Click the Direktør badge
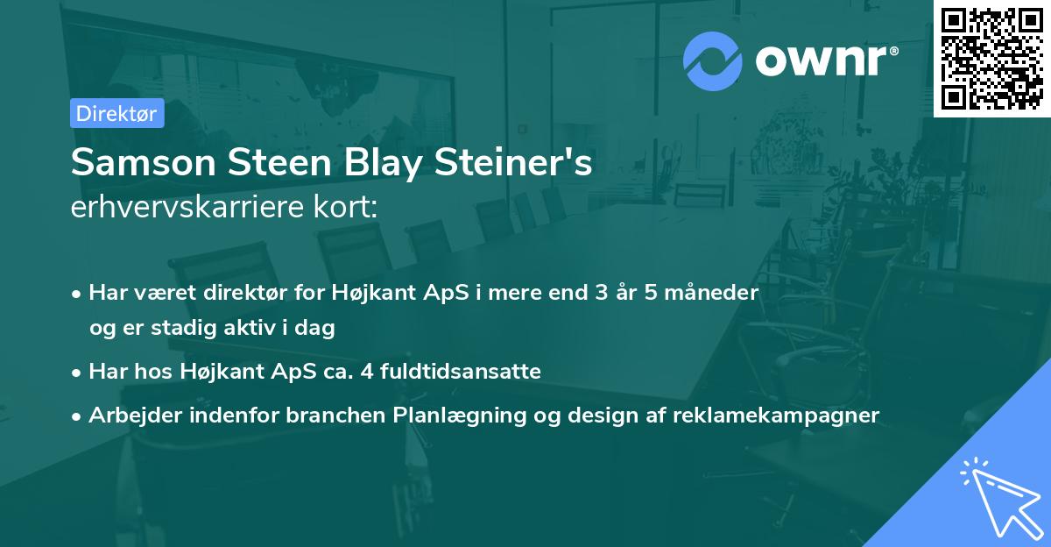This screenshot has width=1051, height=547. coord(117,113)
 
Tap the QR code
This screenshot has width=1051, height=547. coord(992,59)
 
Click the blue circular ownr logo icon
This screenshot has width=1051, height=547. coord(712,61)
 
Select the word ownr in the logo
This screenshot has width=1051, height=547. coord(822,61)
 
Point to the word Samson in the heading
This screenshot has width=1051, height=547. coord(144,162)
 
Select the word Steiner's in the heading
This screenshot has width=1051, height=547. coord(513,162)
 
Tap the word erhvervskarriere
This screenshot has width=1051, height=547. coord(187,207)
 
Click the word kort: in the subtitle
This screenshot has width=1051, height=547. coord(345,207)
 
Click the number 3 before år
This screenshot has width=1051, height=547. coord(602,293)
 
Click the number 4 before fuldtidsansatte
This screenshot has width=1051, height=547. coord(367,372)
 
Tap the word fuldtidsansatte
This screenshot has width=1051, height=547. coord(461,371)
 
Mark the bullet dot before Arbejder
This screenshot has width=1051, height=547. coord(76,416)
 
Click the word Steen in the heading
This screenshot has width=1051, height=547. coord(279,162)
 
